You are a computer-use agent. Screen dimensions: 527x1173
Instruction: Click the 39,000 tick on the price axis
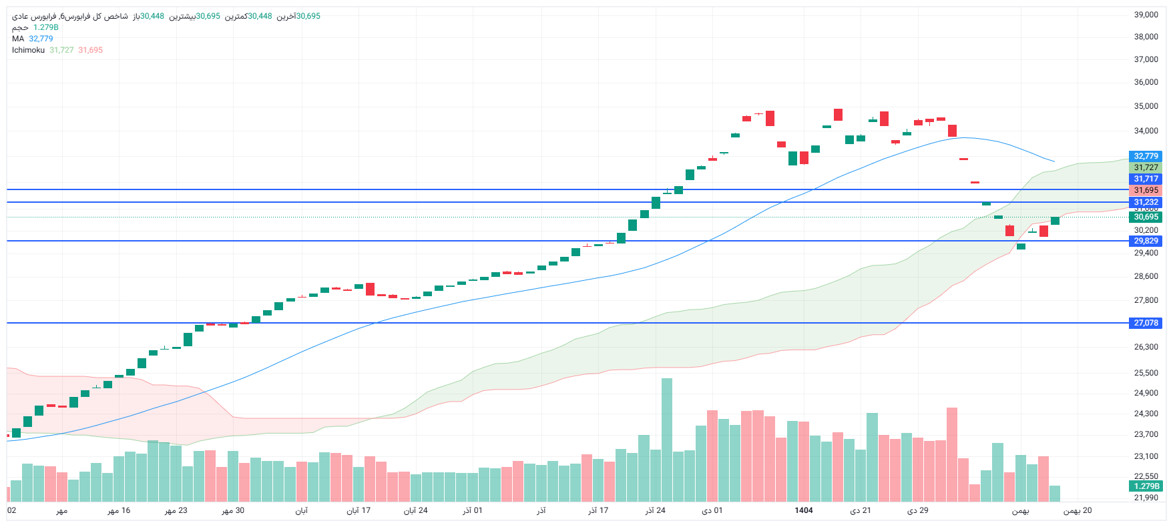click(1146, 15)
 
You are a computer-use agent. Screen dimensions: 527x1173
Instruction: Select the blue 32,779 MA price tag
click(1146, 156)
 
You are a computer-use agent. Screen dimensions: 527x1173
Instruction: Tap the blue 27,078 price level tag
click(1146, 323)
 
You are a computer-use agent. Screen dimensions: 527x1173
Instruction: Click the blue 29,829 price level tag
click(1146, 241)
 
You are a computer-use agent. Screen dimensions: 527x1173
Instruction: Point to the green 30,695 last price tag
click(1146, 217)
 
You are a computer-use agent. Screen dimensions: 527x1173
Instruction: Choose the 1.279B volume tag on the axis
click(1146, 486)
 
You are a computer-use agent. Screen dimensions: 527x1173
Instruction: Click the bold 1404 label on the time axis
click(804, 510)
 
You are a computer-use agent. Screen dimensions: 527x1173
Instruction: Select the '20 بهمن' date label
click(1078, 510)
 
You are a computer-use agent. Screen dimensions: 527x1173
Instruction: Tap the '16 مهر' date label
click(119, 510)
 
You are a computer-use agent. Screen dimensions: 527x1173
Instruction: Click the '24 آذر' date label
click(655, 510)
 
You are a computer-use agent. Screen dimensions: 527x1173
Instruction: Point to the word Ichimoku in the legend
click(28, 50)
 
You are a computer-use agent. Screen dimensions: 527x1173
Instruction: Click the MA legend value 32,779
click(41, 39)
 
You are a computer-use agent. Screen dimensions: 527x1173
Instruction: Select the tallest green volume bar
click(666, 440)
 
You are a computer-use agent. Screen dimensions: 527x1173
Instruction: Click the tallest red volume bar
click(952, 454)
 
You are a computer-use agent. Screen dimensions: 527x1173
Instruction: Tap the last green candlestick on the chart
click(1055, 221)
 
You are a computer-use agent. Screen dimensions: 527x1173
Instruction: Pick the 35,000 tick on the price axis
click(1146, 106)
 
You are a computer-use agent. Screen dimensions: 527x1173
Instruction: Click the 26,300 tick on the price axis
click(1146, 347)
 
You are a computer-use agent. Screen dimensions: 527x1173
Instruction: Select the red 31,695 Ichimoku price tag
click(1146, 190)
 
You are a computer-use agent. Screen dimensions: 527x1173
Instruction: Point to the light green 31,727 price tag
click(1146, 167)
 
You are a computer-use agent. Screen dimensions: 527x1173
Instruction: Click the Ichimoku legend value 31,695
click(90, 50)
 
